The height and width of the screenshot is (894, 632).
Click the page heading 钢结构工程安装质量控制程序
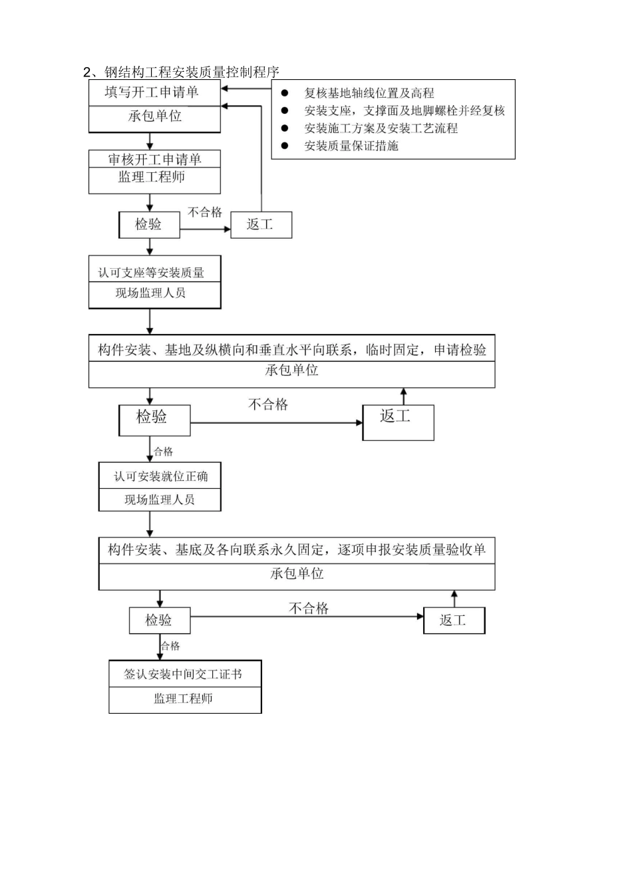192,72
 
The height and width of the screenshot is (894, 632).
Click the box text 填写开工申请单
152,92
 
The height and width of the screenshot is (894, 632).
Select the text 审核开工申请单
154,160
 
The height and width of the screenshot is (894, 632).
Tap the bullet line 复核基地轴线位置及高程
369,93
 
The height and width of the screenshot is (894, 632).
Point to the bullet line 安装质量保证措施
351,146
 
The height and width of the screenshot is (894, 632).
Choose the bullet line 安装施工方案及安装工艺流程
381,128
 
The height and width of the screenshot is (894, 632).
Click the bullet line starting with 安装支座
404,110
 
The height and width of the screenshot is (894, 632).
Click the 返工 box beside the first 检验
260,224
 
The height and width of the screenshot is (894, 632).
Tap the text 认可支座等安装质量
152,273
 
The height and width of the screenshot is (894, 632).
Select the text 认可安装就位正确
160,476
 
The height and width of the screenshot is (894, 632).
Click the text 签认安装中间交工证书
183,674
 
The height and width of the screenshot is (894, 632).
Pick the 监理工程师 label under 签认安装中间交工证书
183,698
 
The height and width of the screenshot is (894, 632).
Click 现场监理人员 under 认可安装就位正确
160,500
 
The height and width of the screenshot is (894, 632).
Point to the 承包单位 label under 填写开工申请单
154,116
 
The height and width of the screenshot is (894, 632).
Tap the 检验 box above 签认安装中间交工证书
159,620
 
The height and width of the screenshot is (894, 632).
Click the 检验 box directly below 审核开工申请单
148,224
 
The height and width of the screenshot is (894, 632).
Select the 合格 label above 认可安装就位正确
164,452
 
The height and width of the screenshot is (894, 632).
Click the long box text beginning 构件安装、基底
297,550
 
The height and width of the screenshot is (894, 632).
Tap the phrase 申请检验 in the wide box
460,350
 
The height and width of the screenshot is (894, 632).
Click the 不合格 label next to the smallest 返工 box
204,212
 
